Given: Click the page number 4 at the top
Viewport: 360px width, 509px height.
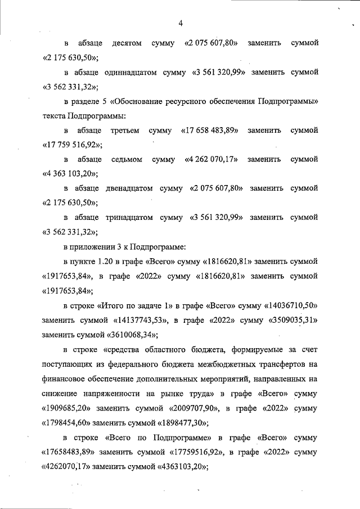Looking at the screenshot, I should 181,23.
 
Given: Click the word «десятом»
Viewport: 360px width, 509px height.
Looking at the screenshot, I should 127,43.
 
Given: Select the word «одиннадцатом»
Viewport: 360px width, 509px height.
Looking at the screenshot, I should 121,73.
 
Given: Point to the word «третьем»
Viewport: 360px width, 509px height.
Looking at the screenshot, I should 125,130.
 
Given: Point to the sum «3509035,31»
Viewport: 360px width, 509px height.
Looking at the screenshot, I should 289,320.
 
